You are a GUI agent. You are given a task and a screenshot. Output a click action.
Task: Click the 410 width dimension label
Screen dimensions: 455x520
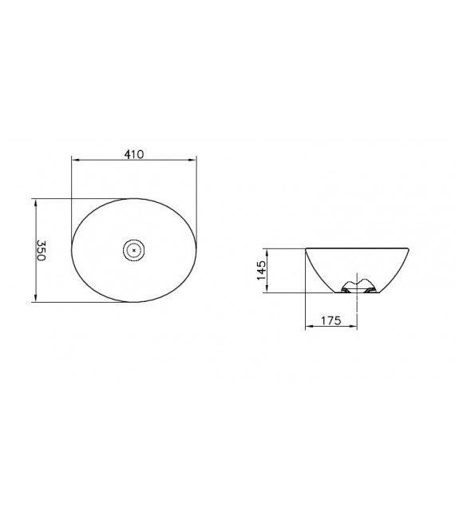point(134,154)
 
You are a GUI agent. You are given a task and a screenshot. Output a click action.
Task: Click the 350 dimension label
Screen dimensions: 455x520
point(41,250)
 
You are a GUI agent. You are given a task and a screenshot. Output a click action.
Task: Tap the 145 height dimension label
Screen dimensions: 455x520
point(261,270)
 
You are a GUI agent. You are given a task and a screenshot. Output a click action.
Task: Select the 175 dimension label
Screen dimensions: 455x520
point(330,320)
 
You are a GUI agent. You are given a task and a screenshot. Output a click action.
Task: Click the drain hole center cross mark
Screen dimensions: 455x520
point(134,250)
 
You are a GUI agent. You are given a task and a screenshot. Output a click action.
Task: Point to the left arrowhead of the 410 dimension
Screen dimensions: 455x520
point(76,160)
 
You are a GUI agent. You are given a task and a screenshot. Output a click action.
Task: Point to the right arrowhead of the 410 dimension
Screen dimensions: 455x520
point(192,160)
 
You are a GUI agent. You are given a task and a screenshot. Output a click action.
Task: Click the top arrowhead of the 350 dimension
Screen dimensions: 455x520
point(36,203)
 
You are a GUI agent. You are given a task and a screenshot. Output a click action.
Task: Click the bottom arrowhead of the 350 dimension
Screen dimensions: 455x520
point(36,298)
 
